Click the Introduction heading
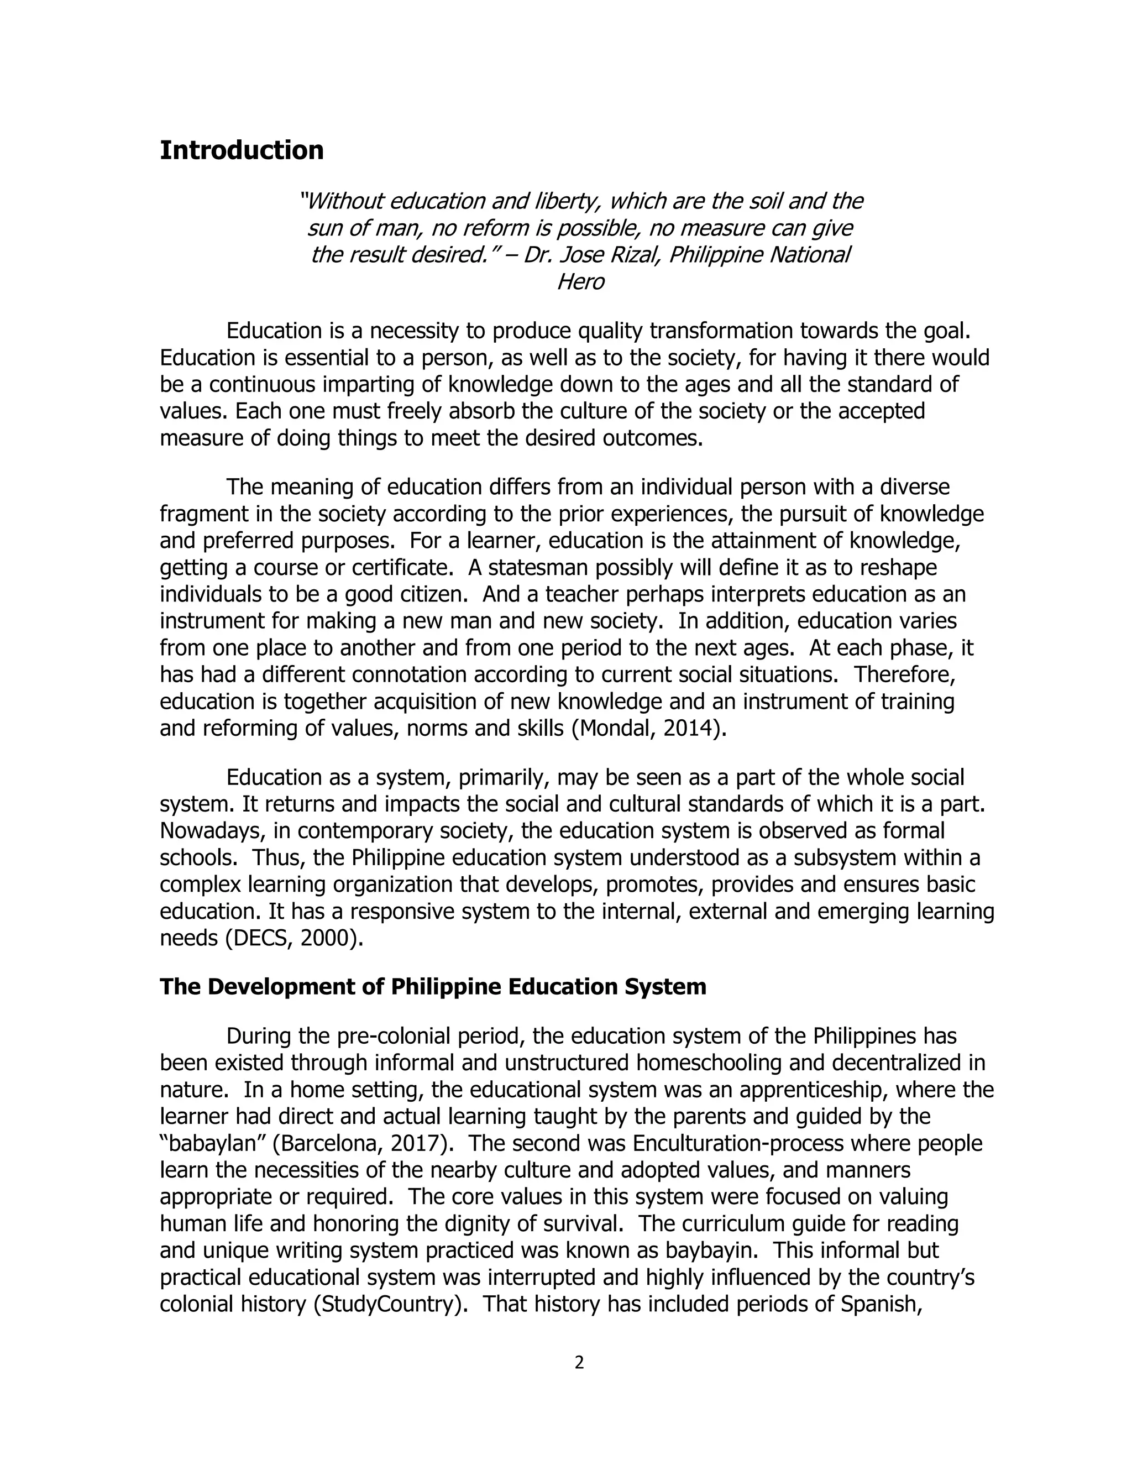pos(242,150)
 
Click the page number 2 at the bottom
pos(579,1362)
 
